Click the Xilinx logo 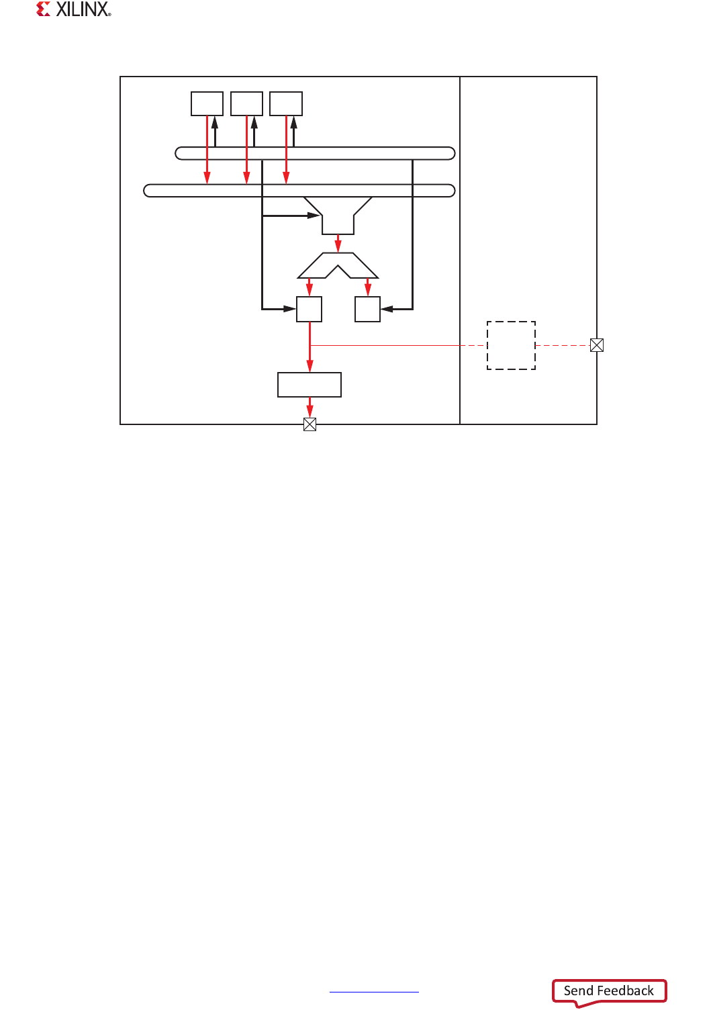coord(73,9)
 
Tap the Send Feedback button coord(608,991)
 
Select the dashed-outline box coord(511,345)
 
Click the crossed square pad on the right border coord(596,345)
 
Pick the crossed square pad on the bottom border coord(310,424)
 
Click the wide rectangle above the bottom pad coord(310,385)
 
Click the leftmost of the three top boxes coord(207,104)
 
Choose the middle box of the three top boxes coord(246,104)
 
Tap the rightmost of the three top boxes coord(286,104)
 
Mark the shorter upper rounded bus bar coord(315,153)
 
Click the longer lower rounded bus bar coord(299,191)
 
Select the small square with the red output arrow coord(310,309)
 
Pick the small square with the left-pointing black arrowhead coord(367,309)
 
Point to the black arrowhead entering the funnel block coord(313,216)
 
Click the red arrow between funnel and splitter coord(338,243)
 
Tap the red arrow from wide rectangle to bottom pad coord(310,407)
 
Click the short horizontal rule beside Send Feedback coord(374,991)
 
